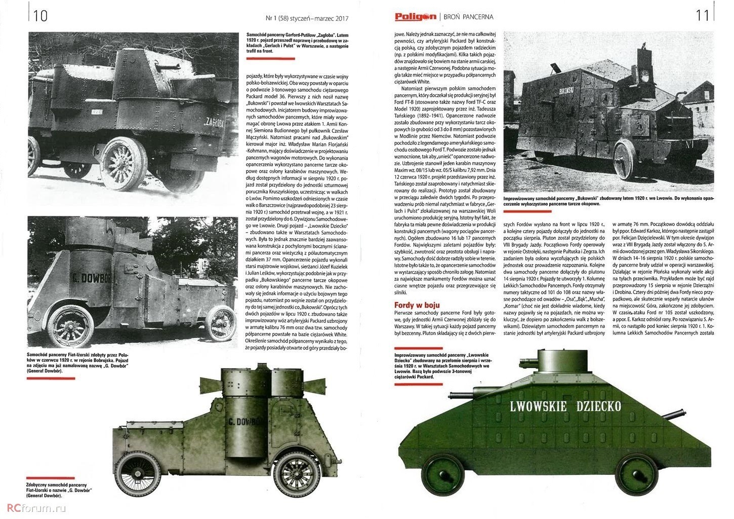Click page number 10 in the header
point(40,16)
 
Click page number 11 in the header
point(703,16)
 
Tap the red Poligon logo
point(415,17)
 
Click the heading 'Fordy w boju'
point(417,305)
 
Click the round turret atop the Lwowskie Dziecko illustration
point(562,361)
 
